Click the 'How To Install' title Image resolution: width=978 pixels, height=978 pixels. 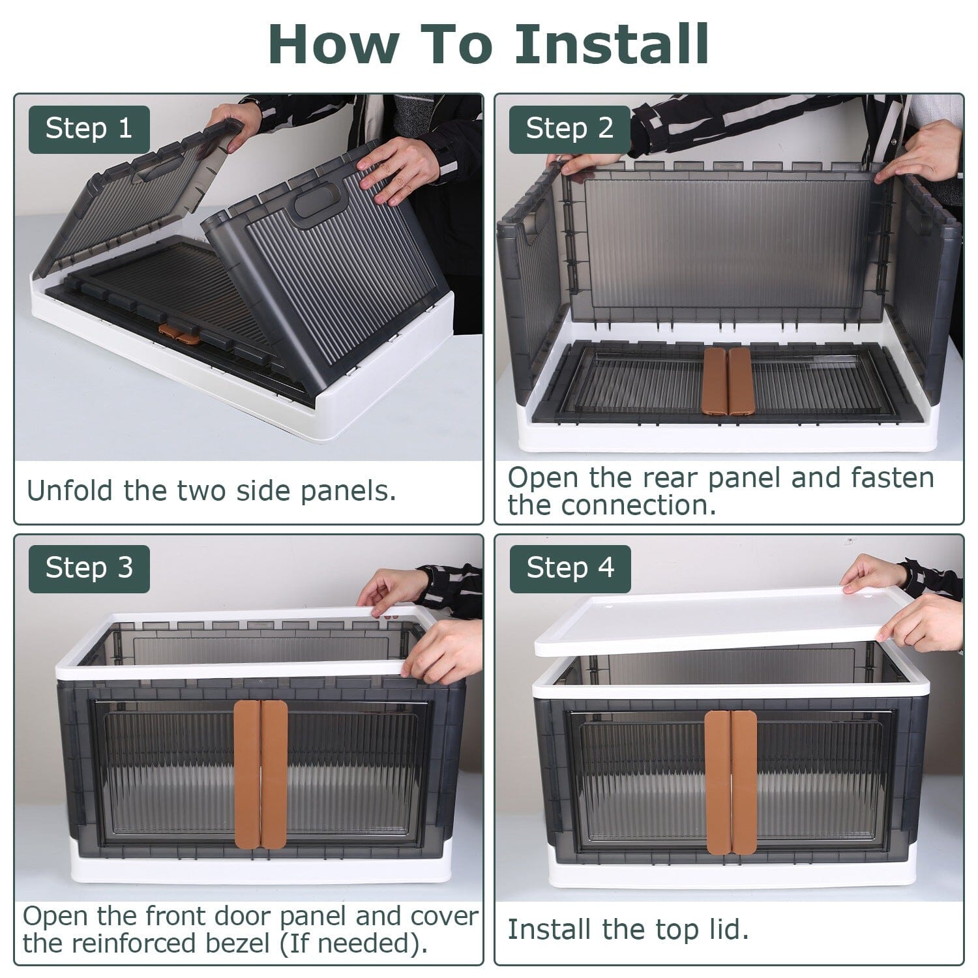pyautogui.click(x=488, y=44)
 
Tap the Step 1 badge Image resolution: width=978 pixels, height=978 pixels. pyautogui.click(x=89, y=128)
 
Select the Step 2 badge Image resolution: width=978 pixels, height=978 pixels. pyautogui.click(x=569, y=128)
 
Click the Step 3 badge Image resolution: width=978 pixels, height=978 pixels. pyautogui.click(x=89, y=568)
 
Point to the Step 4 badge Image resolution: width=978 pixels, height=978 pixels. pyautogui.click(x=570, y=568)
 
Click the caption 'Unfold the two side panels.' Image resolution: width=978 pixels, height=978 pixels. pyautogui.click(x=211, y=490)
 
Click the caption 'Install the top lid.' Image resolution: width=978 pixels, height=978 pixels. pyautogui.click(x=628, y=929)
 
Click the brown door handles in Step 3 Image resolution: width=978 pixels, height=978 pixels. pyautogui.click(x=261, y=774)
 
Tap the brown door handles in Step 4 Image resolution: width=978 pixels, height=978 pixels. pyautogui.click(x=730, y=782)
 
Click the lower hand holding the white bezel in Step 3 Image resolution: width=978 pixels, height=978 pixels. pyautogui.click(x=443, y=649)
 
